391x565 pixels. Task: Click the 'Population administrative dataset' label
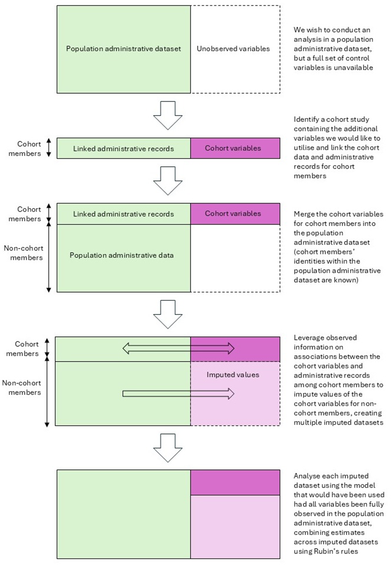(124, 49)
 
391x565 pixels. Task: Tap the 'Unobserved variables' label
(233, 49)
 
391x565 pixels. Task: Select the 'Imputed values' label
(233, 375)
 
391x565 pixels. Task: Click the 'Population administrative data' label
(122, 255)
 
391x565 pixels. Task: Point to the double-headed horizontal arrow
(178, 348)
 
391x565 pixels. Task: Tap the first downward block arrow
(168, 115)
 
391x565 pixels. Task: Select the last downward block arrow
(168, 448)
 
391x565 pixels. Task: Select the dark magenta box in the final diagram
(235, 482)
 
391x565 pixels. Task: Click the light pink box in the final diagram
(235, 527)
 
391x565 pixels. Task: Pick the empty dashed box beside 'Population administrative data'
(235, 258)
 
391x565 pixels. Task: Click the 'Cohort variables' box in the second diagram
(235, 148)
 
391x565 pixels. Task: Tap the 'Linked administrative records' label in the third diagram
(124, 214)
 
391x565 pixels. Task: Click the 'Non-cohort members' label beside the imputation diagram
(22, 388)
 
